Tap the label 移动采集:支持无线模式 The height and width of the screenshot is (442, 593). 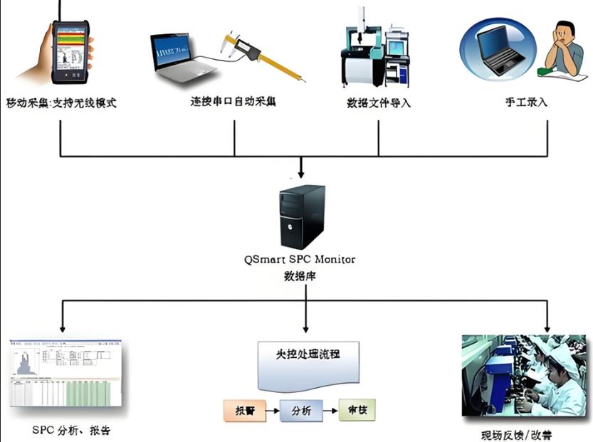pos(61,103)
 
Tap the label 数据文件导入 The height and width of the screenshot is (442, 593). pos(379,103)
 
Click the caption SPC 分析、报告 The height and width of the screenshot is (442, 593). pos(71,431)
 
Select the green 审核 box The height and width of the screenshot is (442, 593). pos(357,409)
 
